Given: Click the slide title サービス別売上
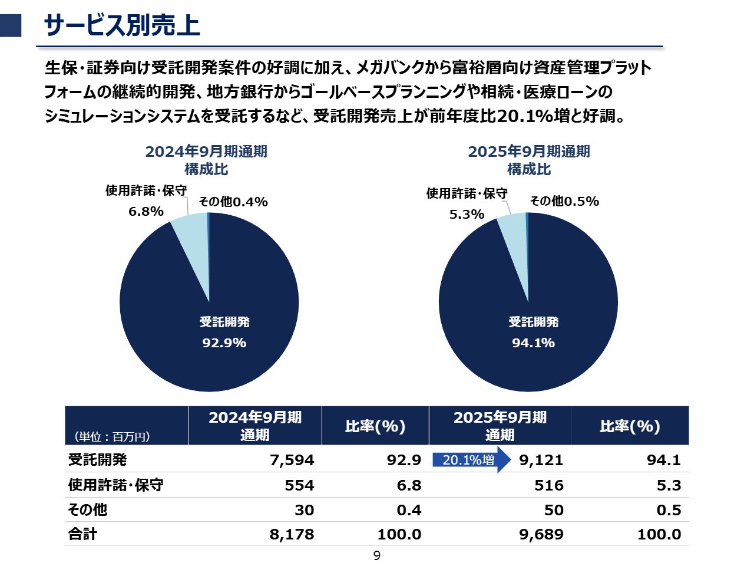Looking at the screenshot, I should click(122, 26).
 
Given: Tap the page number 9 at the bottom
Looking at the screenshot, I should click(377, 556).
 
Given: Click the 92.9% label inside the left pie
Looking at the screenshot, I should click(224, 343).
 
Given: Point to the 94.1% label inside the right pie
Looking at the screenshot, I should click(533, 343).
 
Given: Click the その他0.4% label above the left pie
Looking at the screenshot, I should click(233, 202).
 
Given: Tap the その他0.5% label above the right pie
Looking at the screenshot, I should click(564, 201).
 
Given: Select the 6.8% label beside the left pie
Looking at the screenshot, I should click(146, 211).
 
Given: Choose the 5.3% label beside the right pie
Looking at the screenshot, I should click(467, 214).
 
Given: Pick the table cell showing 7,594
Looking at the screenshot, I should click(292, 460).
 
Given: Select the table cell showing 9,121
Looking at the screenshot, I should click(541, 460).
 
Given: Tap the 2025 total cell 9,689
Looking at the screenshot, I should click(541, 534).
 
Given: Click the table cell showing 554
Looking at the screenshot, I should click(299, 485).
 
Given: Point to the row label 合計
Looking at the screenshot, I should click(82, 534).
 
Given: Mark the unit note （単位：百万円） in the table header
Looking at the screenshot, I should click(112, 436).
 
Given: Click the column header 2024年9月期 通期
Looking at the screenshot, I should click(255, 426).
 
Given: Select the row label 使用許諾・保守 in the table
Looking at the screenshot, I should click(115, 485).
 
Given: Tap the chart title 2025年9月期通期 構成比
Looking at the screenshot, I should click(529, 160).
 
